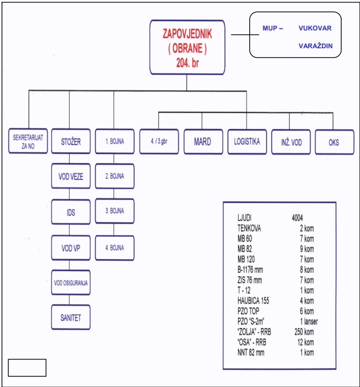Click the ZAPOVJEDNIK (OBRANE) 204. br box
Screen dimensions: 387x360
187,47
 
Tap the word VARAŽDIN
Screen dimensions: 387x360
315,46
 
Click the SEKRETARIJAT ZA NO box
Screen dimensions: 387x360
29,142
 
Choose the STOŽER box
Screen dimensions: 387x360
71,142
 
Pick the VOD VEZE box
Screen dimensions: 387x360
71,177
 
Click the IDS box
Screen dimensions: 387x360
71,212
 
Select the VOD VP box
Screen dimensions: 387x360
71,248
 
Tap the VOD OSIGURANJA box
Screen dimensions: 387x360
71,283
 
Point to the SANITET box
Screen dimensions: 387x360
71,317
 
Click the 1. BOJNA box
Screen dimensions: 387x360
114,142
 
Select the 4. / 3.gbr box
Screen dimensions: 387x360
159,142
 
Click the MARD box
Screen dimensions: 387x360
202,142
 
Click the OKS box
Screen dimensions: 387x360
334,142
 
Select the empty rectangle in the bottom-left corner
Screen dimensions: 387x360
27,368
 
